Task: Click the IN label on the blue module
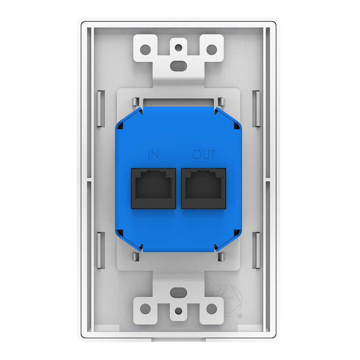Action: [154, 155]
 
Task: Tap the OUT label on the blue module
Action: [203, 155]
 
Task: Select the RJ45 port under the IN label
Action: [153, 188]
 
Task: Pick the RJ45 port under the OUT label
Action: [203, 188]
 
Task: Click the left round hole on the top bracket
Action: [145, 49]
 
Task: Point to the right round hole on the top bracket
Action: [211, 49]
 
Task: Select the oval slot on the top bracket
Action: [179, 65]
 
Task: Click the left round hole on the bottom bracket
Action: [145, 308]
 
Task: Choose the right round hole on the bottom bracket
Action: [211, 308]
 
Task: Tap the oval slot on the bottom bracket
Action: [179, 292]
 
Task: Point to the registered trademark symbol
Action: [240, 316]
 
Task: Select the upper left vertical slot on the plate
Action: [101, 109]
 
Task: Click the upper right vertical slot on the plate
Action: [257, 109]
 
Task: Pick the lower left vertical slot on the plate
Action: [101, 250]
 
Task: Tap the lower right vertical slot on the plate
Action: [257, 250]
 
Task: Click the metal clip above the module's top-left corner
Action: [136, 102]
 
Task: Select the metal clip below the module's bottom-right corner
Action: [221, 257]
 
